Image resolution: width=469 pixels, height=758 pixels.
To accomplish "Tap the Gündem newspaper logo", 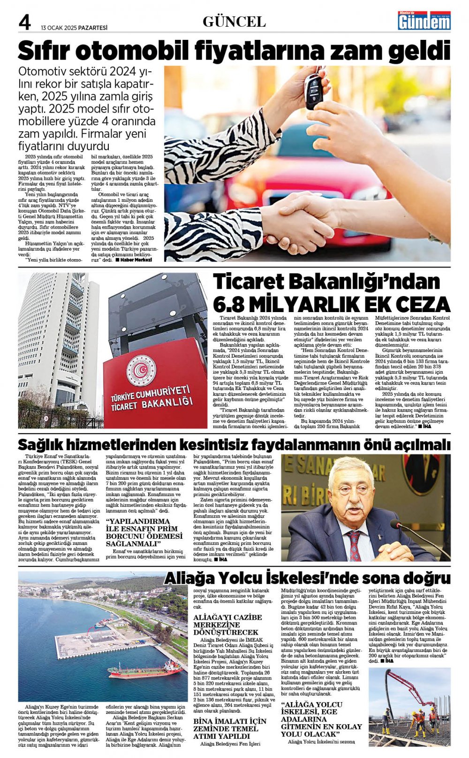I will pyautogui.click(x=424, y=21).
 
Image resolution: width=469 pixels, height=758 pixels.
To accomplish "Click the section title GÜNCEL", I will pyautogui.click(x=234, y=22).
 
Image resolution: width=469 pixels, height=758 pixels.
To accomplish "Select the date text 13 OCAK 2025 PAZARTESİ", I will pyautogui.click(x=74, y=28).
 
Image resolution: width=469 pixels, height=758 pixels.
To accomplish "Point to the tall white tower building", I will pyautogui.click(x=56, y=338).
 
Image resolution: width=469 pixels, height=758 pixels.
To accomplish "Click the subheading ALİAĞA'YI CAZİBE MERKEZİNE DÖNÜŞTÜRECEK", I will pyautogui.click(x=227, y=625).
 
